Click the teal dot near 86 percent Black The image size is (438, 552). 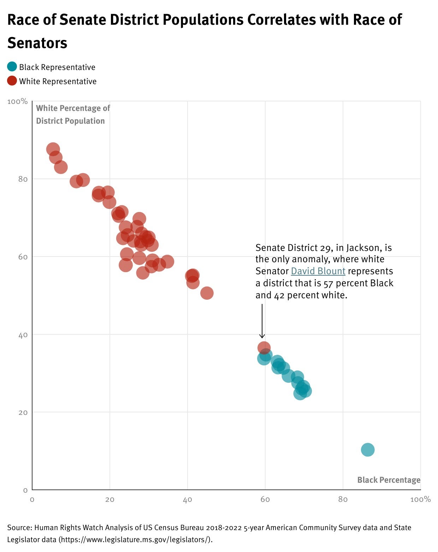[368, 450]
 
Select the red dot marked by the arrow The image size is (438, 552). [264, 348]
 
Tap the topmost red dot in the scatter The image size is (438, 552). [53, 149]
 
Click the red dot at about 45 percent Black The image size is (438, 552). [207, 293]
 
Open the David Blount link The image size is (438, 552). [318, 271]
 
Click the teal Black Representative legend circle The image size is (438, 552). [12, 67]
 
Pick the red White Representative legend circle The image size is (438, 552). [12, 81]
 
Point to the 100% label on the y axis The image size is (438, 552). [17, 101]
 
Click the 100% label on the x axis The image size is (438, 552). [420, 499]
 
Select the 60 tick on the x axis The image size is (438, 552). [265, 499]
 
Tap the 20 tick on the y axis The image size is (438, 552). [23, 412]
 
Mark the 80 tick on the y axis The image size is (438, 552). [23, 179]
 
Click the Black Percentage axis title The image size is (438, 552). [389, 480]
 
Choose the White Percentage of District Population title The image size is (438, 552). [73, 114]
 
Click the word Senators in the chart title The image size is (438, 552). [37, 43]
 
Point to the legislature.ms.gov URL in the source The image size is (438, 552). [135, 540]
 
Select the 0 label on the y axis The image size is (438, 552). [25, 490]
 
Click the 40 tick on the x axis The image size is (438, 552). [187, 499]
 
